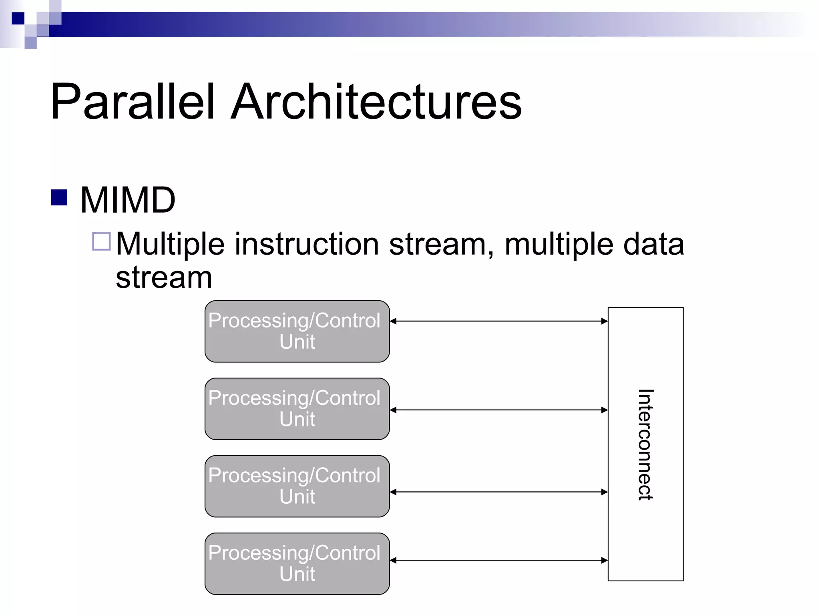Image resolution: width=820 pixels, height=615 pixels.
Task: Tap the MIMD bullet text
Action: (128, 200)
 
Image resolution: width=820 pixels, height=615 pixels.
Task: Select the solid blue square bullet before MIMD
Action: (59, 197)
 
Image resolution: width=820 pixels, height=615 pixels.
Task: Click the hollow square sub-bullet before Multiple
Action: (101, 241)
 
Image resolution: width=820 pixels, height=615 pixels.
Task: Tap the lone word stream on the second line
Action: (164, 277)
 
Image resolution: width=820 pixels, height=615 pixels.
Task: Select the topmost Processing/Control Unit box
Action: (297, 332)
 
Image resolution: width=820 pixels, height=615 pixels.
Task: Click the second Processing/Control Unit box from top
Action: (297, 409)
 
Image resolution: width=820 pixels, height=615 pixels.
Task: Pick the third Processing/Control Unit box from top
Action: (297, 486)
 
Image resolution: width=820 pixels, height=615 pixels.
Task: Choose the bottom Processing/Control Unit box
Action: (297, 563)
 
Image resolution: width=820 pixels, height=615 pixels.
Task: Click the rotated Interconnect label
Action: (645, 444)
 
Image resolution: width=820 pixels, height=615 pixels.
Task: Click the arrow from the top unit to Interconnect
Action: (498, 321)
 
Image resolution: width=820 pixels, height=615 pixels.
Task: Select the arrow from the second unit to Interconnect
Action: (498, 410)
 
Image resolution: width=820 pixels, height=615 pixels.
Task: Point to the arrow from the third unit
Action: (498, 492)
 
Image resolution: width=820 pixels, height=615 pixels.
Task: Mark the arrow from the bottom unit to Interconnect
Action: (498, 561)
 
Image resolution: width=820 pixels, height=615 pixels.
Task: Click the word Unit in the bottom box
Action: (297, 574)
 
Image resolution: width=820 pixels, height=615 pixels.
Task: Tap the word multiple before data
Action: (559, 244)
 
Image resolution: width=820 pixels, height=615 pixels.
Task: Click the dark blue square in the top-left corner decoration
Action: (18, 18)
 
